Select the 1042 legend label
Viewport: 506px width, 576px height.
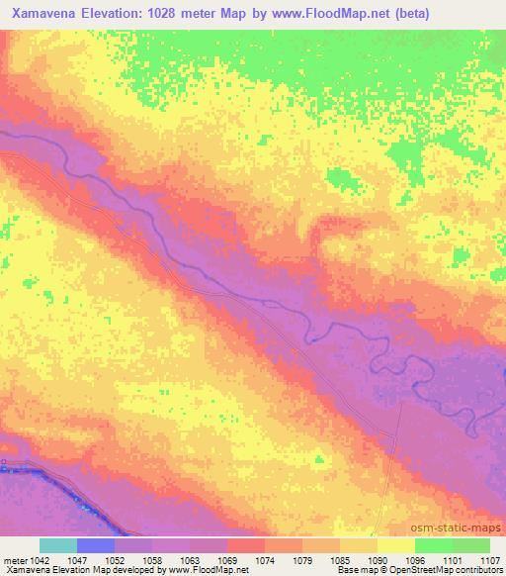[34, 559]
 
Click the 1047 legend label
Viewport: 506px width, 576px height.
[77, 559]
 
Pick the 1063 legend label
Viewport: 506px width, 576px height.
[190, 559]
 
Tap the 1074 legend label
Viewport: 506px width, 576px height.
[265, 559]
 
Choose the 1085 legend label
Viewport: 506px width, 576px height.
[340, 559]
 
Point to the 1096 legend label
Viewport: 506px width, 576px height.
[415, 559]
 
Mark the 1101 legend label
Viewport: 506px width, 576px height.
[453, 559]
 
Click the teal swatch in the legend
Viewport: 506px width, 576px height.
[58, 545]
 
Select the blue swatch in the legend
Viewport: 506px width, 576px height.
[96, 545]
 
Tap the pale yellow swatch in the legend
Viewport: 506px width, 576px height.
[395, 545]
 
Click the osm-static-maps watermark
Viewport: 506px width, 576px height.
[465, 528]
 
